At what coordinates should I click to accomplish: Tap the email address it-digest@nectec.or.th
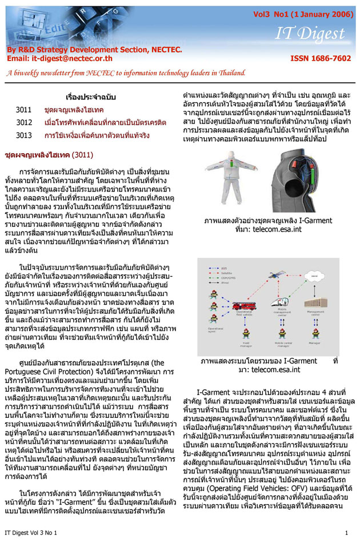pyautogui.click(x=62, y=58)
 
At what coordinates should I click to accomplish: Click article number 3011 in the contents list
pyautogui.click(x=23, y=109)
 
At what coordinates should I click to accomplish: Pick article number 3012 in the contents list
pyautogui.click(x=23, y=122)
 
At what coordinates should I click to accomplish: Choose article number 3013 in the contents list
pyautogui.click(x=23, y=135)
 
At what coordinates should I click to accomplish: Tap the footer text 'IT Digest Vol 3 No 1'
pyautogui.click(x=31, y=533)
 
